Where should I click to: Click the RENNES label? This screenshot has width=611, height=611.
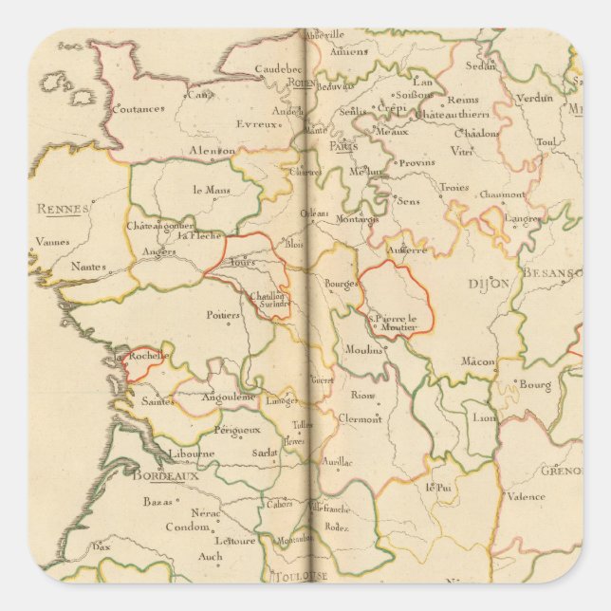[63, 209]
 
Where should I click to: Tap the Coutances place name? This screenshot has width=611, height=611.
[138, 108]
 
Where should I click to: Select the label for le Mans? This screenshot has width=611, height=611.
[212, 189]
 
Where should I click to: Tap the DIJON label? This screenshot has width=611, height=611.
[490, 283]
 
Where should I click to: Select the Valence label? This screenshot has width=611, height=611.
[526, 496]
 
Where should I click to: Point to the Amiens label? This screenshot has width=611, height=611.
[349, 51]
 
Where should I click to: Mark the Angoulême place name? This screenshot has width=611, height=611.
[229, 397]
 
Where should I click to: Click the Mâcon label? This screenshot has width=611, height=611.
[478, 361]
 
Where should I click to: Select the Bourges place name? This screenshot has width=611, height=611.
[340, 284]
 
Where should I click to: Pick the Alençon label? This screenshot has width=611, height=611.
[213, 151]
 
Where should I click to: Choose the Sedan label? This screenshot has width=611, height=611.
[482, 65]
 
